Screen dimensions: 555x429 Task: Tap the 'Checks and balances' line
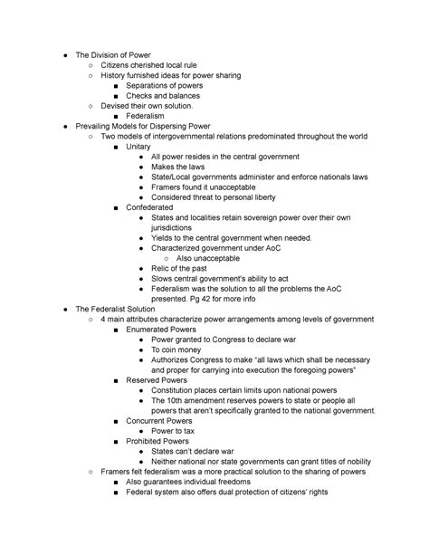point(163,95)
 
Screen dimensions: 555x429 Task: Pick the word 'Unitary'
point(139,147)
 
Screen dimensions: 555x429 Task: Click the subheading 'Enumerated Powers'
point(164,330)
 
